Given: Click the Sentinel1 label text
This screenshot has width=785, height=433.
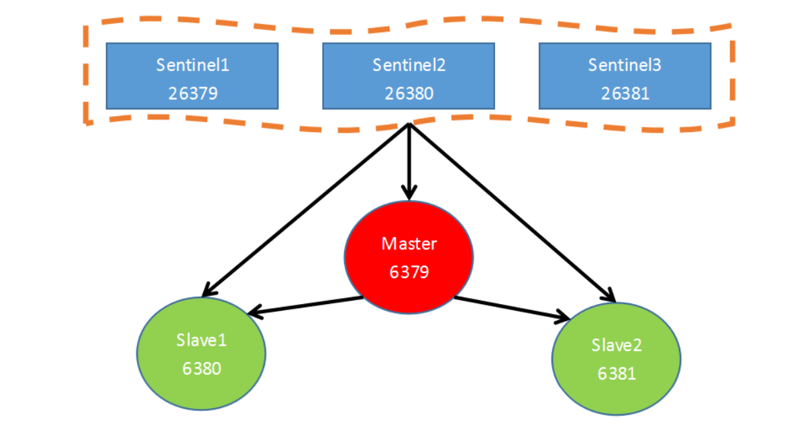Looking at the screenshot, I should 193,65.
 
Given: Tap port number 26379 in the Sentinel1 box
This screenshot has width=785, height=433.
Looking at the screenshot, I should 193,93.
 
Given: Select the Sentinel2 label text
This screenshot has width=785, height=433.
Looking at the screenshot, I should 409,65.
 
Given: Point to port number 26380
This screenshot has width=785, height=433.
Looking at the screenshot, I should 409,93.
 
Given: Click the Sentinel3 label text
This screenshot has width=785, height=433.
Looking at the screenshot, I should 625,65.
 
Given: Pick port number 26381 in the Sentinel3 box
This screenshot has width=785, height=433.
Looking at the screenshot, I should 625,93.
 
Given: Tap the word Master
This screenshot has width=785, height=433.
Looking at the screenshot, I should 409,243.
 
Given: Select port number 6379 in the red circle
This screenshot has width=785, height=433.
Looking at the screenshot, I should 409,271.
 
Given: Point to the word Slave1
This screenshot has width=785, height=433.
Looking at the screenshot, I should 201,340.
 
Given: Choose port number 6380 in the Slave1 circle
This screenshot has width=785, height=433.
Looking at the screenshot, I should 201,368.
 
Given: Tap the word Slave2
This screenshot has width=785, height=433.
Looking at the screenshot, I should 617,345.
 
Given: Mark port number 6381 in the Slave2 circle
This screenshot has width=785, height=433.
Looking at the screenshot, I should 617,373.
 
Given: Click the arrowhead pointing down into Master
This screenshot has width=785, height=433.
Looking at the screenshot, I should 409,193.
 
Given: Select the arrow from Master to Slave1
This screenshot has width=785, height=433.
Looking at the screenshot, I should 305,305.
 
